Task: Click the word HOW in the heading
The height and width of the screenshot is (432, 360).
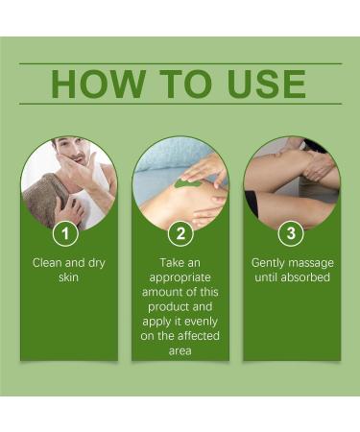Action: [93, 84]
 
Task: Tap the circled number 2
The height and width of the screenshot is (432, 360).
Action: [180, 232]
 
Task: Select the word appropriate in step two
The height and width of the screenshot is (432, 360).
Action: [180, 276]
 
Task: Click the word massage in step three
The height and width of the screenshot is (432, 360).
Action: [313, 261]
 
